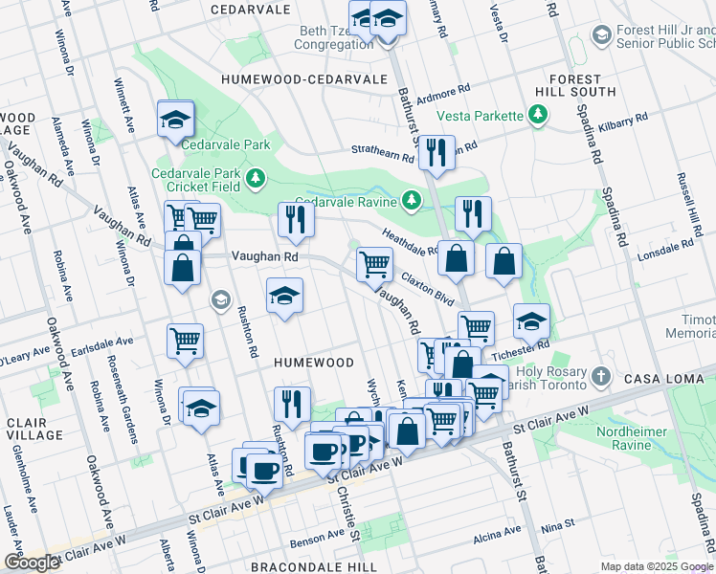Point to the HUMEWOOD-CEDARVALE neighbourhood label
pos(303,79)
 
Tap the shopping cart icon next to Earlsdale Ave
pos(185,341)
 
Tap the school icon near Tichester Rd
pos(531,323)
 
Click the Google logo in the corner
pos(31,563)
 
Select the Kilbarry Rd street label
pos(622,121)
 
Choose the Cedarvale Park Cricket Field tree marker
pos(255,178)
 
